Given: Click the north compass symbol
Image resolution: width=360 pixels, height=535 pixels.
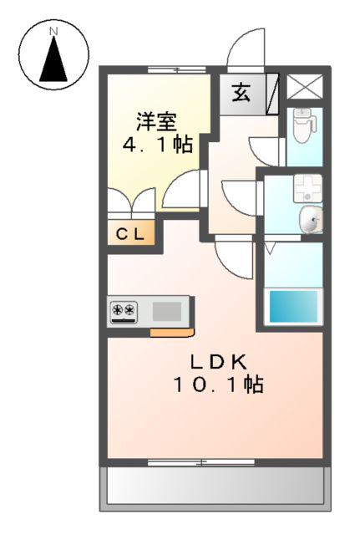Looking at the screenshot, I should coord(54,55).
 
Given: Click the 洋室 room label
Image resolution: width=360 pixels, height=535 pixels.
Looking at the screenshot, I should coord(156,120).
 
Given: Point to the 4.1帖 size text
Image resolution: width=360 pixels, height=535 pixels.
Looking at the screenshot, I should coord(157,144).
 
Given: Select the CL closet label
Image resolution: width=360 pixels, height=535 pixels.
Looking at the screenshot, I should coord(130,234).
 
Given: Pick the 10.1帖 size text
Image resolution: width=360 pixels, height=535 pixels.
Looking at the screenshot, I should coord(219,385).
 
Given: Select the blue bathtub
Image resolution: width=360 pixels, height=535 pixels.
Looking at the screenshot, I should coord(293,306).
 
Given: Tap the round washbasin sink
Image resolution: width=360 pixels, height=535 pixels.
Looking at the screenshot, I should coord(311,222).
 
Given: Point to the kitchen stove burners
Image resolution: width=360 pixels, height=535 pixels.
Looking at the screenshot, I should coord(124,312).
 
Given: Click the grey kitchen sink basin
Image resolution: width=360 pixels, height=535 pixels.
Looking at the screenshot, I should coord(167,312).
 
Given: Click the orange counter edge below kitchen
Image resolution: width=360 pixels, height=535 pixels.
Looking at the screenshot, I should coord(172,332).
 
